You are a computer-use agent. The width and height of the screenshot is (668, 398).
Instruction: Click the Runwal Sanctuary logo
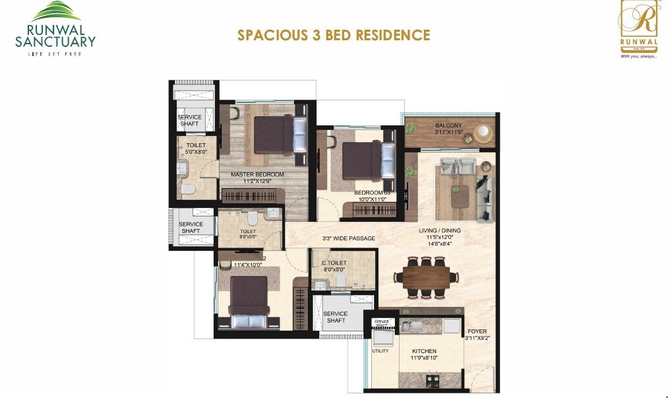coord(55,29)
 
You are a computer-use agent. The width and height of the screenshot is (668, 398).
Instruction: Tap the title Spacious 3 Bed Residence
coord(334,35)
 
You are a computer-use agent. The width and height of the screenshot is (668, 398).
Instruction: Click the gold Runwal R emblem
coord(639,20)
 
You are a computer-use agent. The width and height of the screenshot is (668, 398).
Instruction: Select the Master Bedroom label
coord(257,175)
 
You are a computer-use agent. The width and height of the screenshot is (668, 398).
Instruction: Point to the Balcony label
coord(448,125)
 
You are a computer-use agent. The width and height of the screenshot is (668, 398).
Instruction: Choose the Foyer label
coord(477,332)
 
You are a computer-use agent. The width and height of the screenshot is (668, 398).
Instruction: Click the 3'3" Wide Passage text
coord(348,238)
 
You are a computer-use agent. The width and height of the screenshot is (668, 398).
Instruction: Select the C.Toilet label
coord(334,263)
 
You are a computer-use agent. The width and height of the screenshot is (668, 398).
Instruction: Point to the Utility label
coord(380,352)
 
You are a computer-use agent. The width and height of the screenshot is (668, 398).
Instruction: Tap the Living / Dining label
coord(440,231)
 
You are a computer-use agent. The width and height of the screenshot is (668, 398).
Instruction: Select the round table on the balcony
coord(483,133)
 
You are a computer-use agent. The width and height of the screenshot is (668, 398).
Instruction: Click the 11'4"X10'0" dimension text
coord(247,265)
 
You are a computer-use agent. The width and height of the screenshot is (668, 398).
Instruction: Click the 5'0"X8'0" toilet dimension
coord(196,152)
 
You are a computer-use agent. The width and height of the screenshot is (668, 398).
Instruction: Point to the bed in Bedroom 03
coord(365,160)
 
